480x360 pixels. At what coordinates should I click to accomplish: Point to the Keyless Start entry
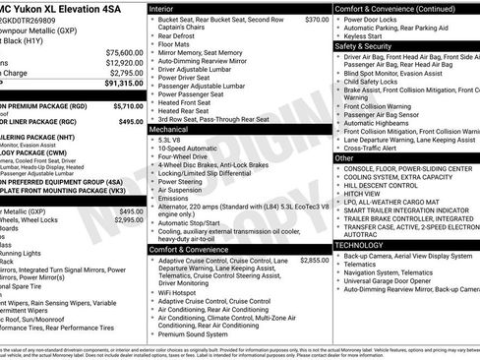369,35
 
